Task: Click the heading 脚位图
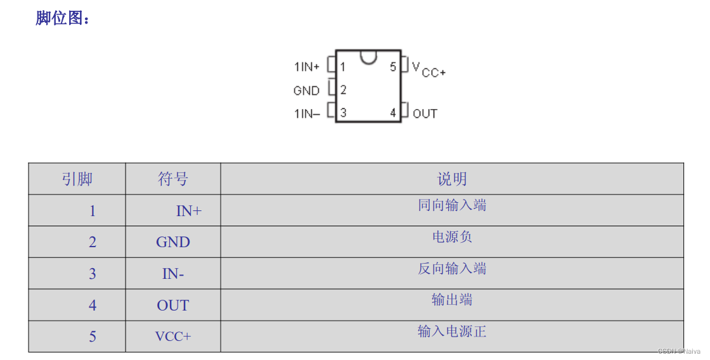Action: [62, 18]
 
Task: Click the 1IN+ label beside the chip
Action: [307, 67]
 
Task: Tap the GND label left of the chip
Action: [306, 91]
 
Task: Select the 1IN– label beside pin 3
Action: [307, 114]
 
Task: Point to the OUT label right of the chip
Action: [425, 114]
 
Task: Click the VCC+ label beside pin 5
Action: [429, 69]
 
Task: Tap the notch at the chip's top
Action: [368, 58]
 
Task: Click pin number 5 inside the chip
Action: [393, 67]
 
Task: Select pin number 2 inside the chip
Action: [343, 90]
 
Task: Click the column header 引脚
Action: [77, 179]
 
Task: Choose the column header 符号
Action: [173, 179]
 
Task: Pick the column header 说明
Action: [452, 179]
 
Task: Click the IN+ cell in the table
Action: [188, 211]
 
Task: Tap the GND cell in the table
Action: [173, 242]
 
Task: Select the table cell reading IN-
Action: [173, 274]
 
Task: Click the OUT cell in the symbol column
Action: [173, 305]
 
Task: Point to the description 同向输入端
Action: [452, 205]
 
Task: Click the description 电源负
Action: [452, 237]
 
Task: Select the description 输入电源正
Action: [452, 331]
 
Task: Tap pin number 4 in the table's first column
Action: [93, 305]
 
